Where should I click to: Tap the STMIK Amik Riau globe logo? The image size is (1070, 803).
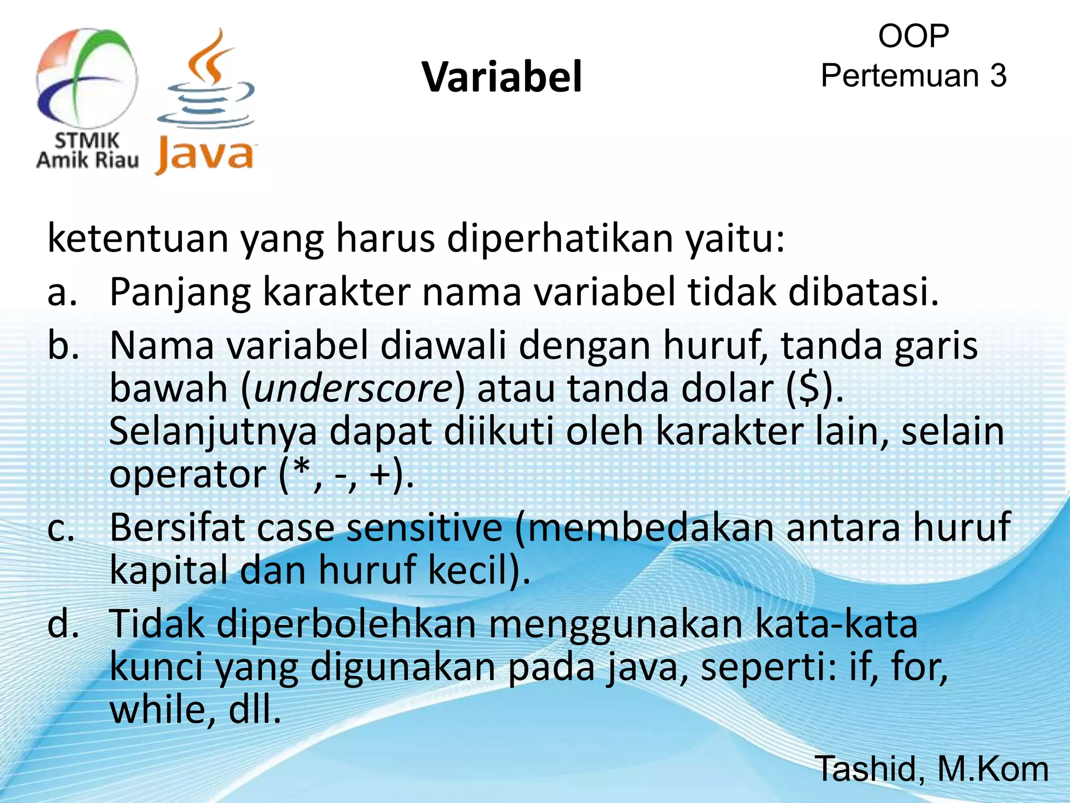pos(87,78)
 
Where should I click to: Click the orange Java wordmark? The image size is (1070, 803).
pos(205,156)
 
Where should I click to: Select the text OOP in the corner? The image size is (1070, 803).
pos(913,37)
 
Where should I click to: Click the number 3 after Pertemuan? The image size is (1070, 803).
pos(998,76)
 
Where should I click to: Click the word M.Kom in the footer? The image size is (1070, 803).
pos(993,768)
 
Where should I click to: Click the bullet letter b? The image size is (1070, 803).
pos(63,346)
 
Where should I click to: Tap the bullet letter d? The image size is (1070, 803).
pos(63,624)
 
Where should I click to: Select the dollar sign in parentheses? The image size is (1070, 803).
pos(810,389)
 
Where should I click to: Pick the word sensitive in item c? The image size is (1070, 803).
pos(424,528)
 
